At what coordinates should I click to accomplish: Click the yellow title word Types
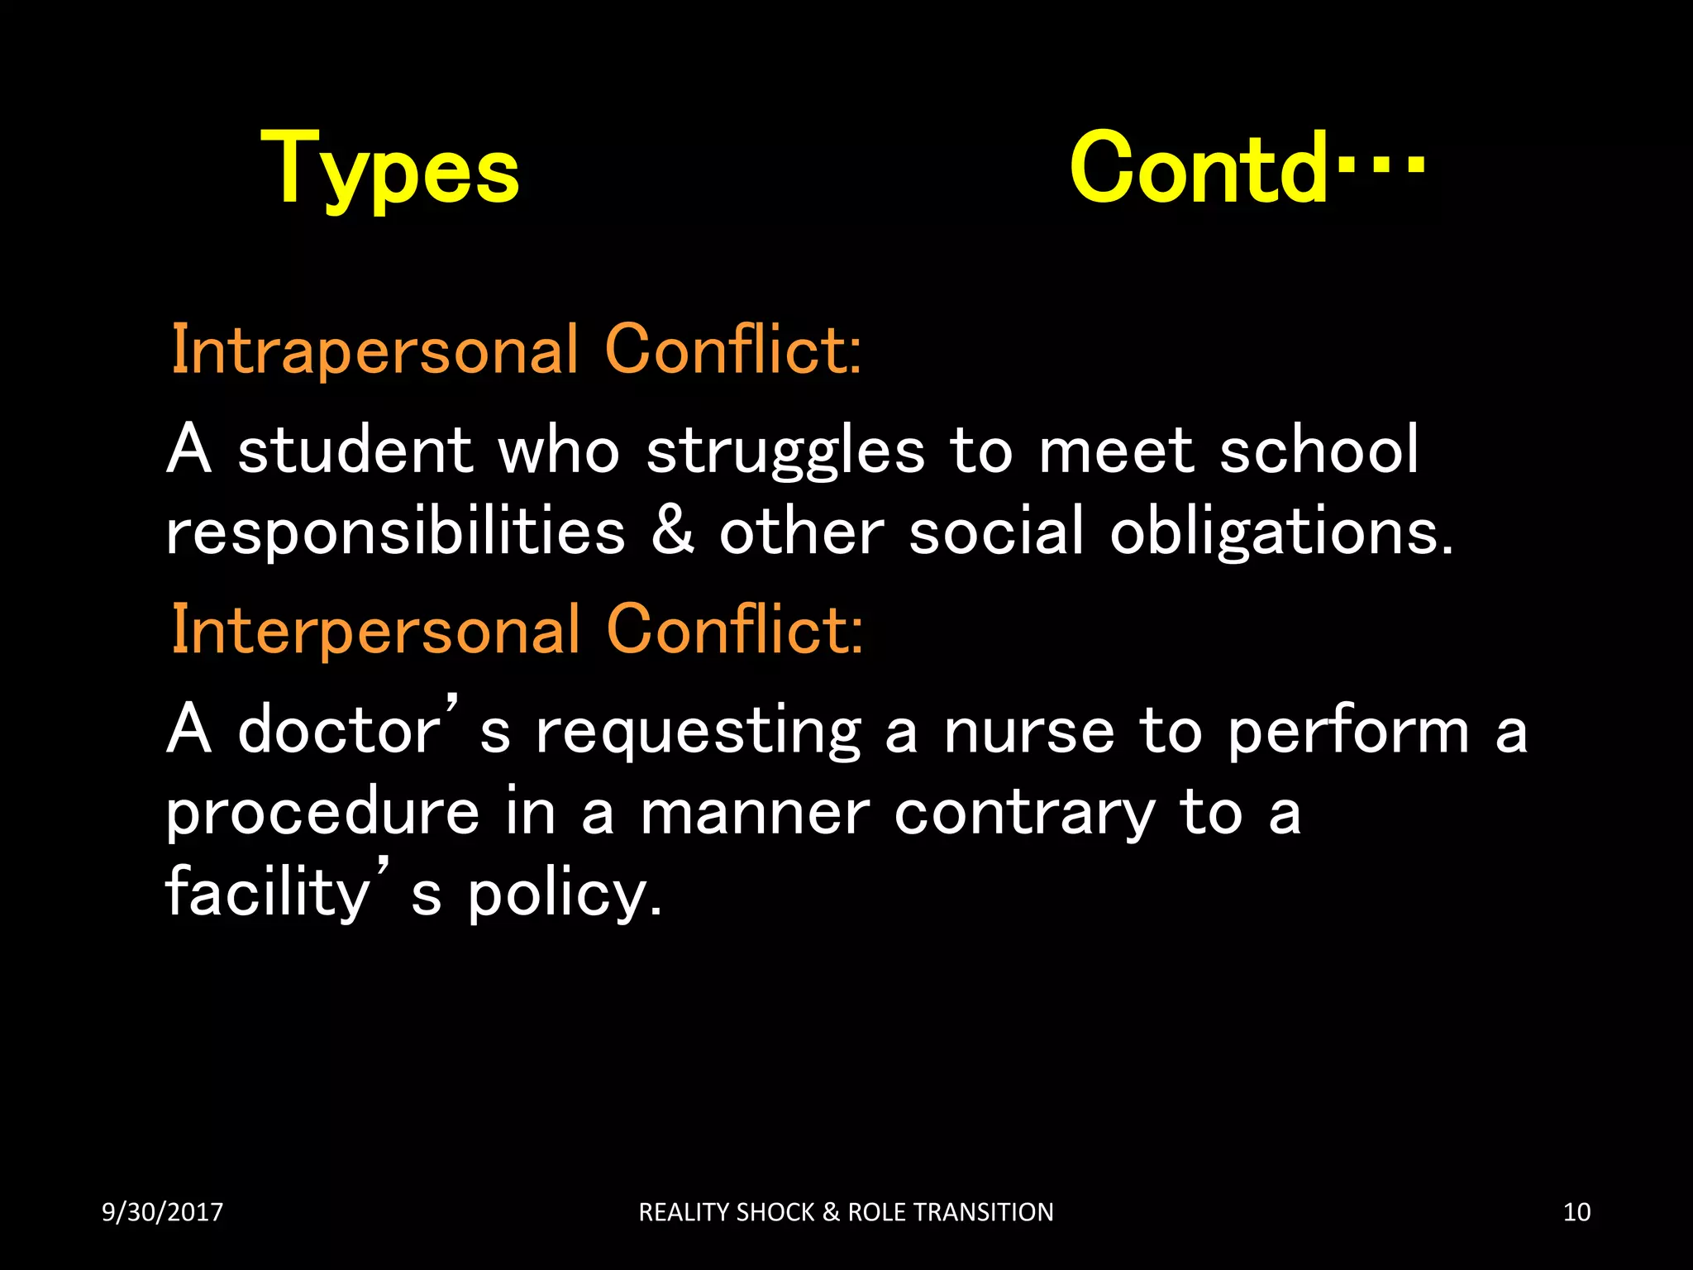click(390, 169)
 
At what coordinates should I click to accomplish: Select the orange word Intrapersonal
click(374, 351)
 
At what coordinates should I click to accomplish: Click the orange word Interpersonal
click(375, 630)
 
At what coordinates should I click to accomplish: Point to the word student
click(355, 451)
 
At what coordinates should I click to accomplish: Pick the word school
click(1319, 451)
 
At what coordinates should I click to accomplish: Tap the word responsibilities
click(395, 533)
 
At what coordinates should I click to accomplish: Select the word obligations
click(1280, 533)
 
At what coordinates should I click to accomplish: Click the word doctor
click(340, 731)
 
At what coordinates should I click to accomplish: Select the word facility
click(267, 894)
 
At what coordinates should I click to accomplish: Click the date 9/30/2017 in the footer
click(163, 1212)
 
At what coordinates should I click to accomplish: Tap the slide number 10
click(1576, 1212)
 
